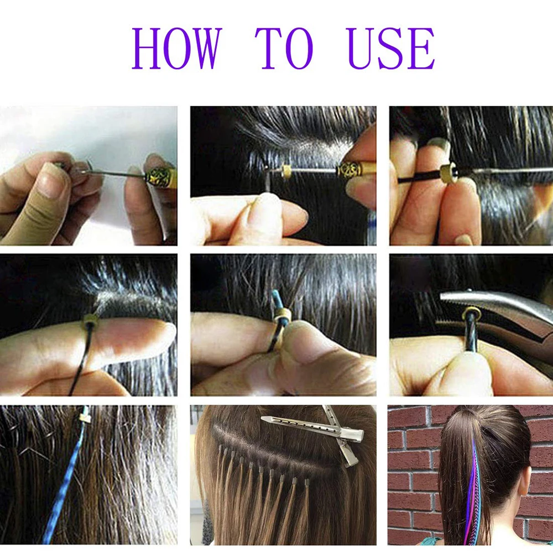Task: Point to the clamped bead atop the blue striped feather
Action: click(x=84, y=414)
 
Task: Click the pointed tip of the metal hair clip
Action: click(x=264, y=420)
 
